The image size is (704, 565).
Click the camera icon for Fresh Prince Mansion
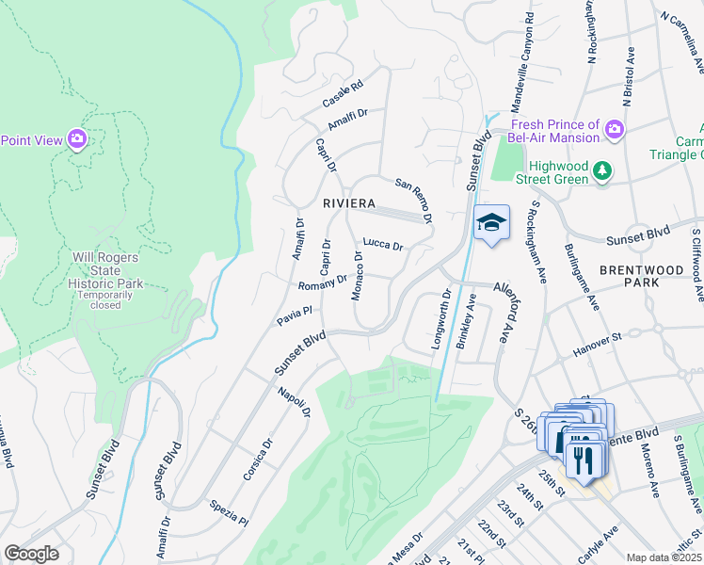[615, 129]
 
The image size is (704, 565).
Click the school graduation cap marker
[490, 223]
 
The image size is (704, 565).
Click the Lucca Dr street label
[383, 246]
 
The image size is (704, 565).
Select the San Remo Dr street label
[413, 201]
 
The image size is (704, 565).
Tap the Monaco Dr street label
[358, 276]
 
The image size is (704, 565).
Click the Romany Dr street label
[323, 282]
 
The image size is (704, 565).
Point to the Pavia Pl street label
[294, 315]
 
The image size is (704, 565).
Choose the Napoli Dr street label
[294, 399]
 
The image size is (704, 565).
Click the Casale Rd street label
[342, 94]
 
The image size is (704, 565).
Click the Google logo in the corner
[31, 554]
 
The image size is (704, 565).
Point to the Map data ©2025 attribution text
[664, 557]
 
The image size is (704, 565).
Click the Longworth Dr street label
[440, 321]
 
